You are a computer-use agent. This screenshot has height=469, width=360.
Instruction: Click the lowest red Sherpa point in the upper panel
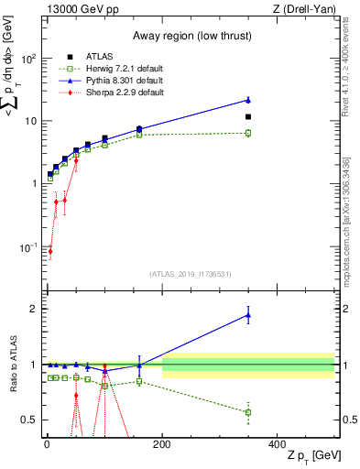49,251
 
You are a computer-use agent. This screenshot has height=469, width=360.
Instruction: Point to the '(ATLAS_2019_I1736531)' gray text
190,274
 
